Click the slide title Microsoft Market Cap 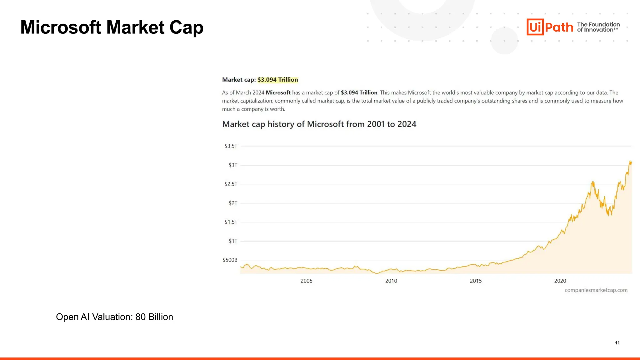point(112,27)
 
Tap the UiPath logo point(550,27)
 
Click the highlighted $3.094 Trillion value point(277,80)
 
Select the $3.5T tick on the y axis point(231,146)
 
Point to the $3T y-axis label point(233,165)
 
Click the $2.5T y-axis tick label point(231,184)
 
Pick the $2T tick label point(233,203)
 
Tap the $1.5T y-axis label point(231,222)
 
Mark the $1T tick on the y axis point(233,241)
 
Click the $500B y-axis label point(230,260)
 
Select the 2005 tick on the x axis point(306,281)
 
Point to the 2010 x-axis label point(391,281)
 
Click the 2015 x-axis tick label point(476,281)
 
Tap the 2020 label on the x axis point(560,281)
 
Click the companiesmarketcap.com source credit point(596,290)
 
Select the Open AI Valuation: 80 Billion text point(114,317)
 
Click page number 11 point(617,343)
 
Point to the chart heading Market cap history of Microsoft point(319,124)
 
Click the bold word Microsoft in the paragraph point(278,92)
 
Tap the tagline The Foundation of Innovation point(598,27)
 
